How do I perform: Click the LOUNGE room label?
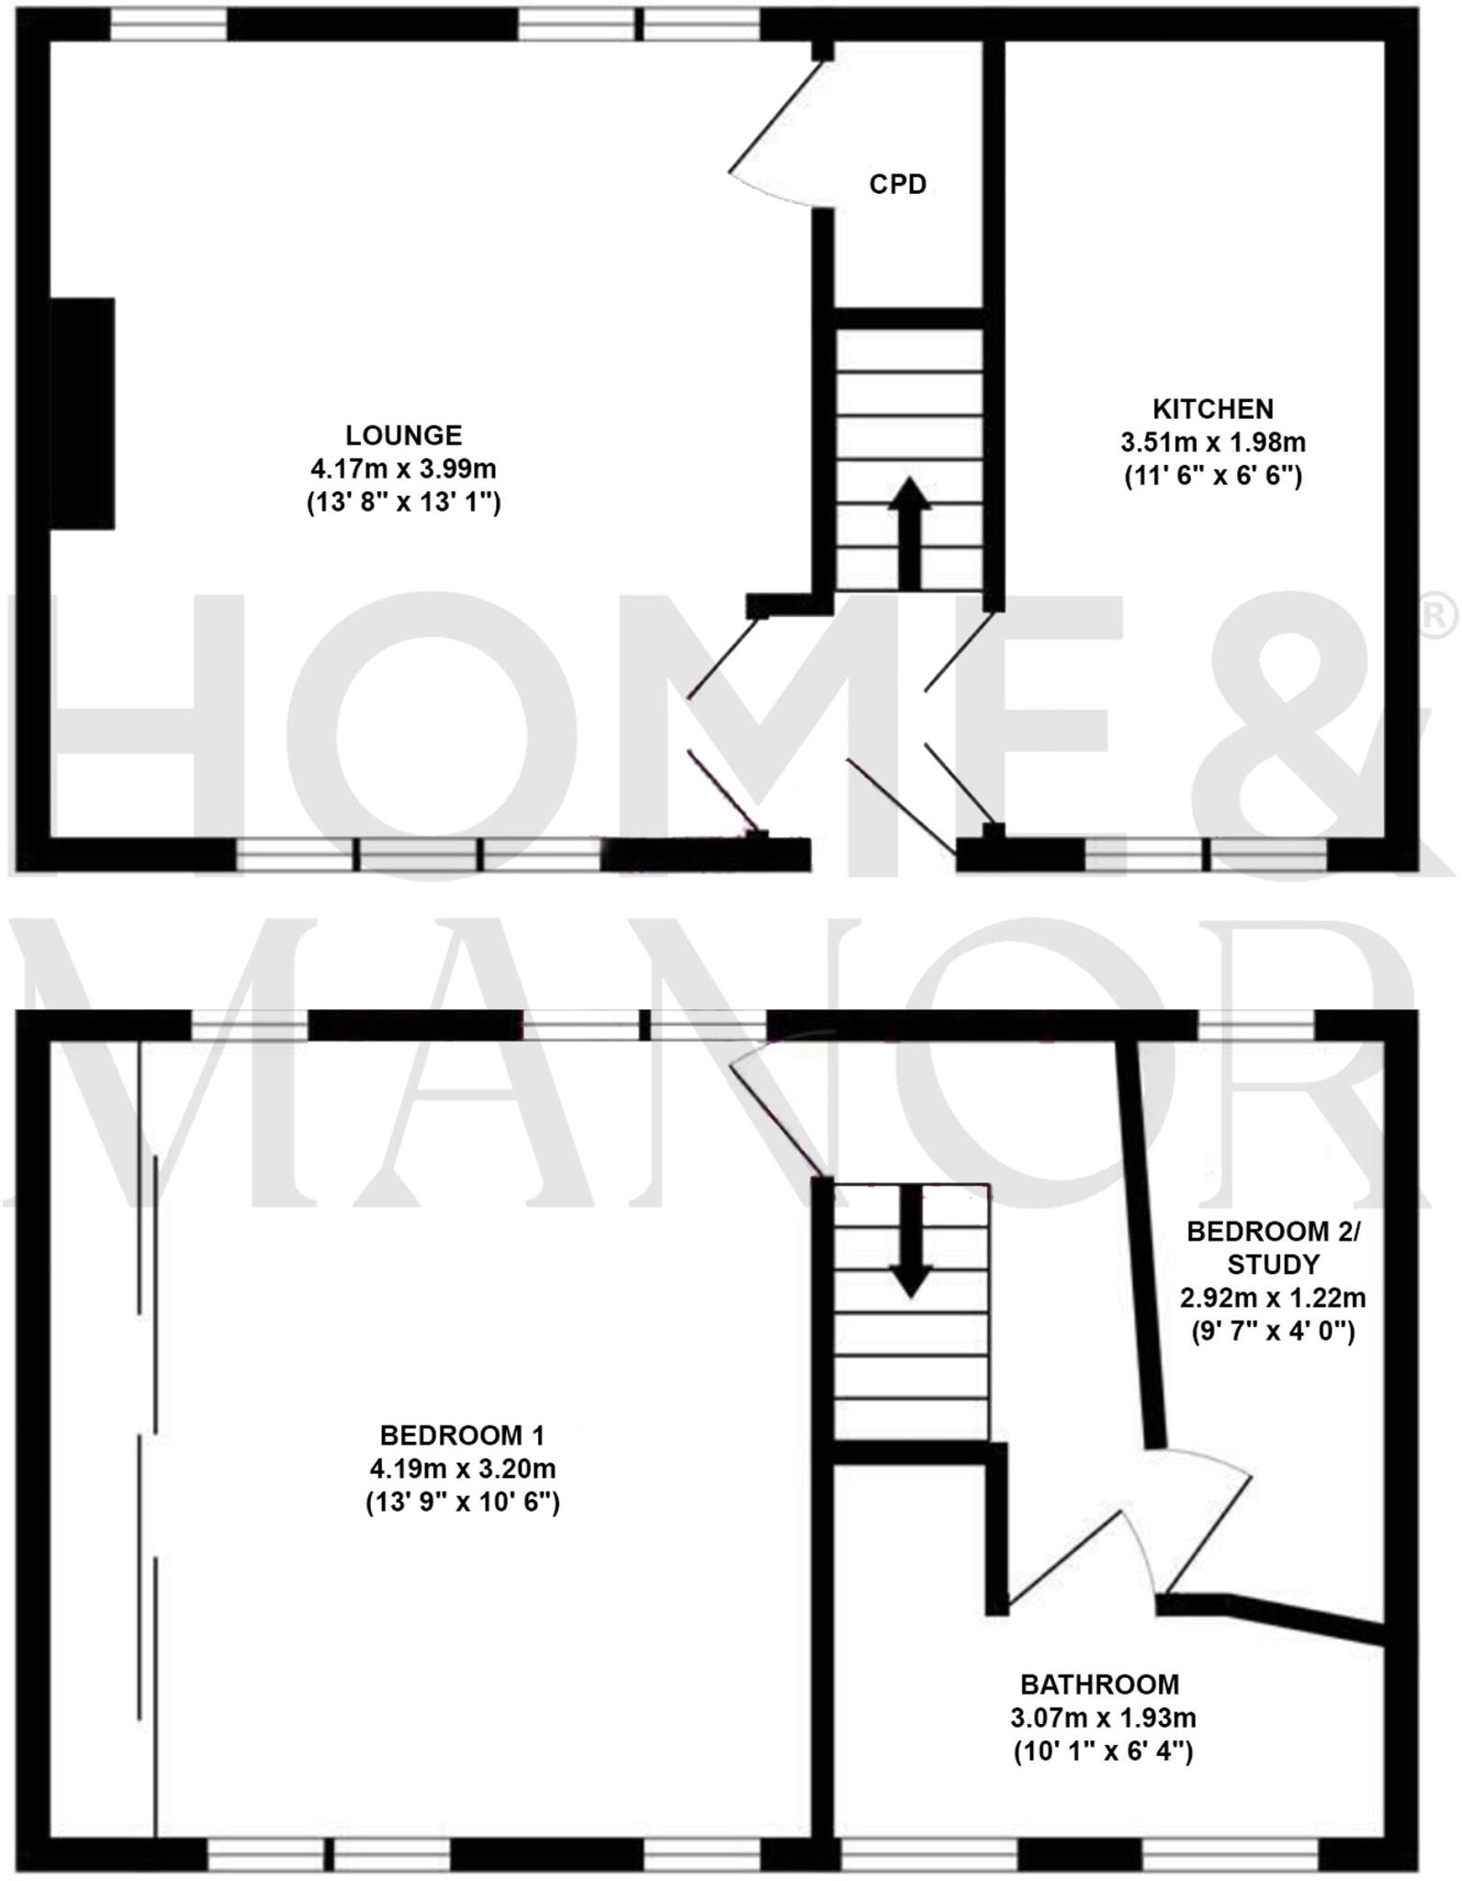(403, 434)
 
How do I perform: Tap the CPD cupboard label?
(897, 185)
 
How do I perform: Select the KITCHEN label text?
(1212, 409)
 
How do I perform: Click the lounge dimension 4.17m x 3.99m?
(403, 468)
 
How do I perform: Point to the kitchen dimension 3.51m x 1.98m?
(1212, 443)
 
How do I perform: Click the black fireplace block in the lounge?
(82, 413)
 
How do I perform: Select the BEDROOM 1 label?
(462, 1435)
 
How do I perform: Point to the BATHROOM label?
(1100, 1684)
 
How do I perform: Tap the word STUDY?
(1273, 1265)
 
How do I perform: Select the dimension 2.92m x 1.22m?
(1273, 1298)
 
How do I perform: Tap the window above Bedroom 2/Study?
(1256, 1024)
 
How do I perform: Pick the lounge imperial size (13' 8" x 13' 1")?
(403, 502)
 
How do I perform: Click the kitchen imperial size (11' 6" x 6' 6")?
(1212, 477)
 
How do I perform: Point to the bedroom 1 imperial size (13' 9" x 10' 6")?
(462, 1503)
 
